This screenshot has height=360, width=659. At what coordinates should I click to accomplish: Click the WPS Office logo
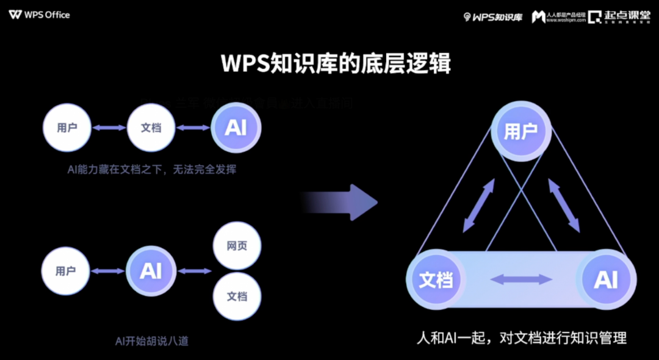[40, 15]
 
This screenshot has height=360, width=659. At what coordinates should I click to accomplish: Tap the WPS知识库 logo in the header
[493, 17]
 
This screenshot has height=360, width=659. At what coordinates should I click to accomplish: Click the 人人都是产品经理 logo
[558, 17]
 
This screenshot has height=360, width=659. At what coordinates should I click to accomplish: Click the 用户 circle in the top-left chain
[67, 128]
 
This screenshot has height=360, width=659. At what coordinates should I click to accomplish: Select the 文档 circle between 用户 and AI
[151, 128]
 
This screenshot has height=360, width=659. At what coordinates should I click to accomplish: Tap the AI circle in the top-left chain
[236, 128]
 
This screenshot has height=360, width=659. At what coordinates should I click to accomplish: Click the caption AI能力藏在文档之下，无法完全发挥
[151, 170]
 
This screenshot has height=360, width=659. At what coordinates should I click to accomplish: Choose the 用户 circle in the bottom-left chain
[65, 272]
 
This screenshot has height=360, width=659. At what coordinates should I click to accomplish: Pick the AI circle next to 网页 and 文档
[151, 272]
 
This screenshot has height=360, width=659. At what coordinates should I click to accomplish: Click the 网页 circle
[237, 246]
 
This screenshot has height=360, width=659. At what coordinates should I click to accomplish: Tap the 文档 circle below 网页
[237, 297]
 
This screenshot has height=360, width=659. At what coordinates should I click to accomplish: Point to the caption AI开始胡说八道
[152, 340]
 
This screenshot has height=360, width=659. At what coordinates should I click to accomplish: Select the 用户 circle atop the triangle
[521, 131]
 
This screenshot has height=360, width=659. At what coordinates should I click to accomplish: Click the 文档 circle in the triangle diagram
[436, 280]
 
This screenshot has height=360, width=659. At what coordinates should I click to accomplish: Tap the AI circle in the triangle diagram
[606, 280]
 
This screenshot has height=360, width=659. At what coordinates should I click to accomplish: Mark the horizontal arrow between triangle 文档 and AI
[521, 280]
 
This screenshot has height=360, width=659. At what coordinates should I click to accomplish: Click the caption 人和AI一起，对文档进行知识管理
[521, 337]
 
